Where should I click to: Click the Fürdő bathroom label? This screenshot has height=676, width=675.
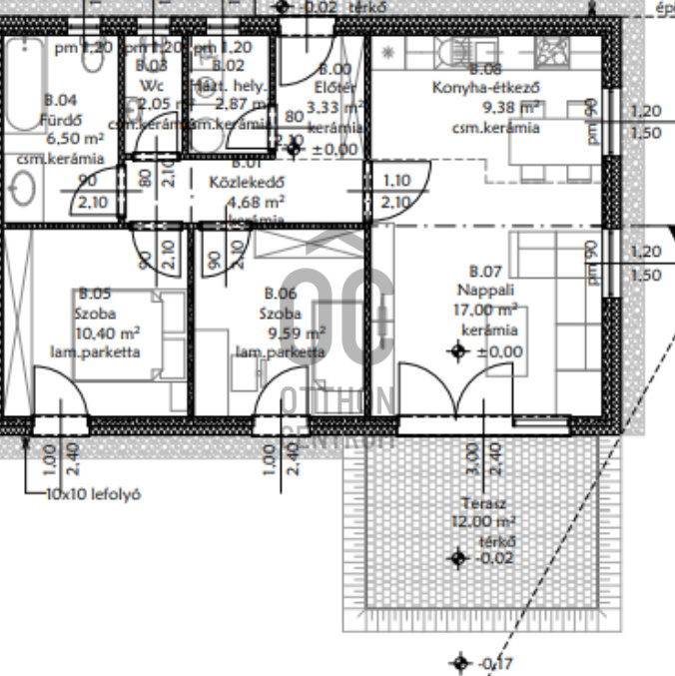tap(60, 119)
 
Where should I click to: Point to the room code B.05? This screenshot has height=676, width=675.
tap(95, 294)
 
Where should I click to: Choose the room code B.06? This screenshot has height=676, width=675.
tap(281, 294)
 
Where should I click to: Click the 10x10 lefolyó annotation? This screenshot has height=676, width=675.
tap(93, 494)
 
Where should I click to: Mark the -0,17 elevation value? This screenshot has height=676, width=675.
tap(498, 663)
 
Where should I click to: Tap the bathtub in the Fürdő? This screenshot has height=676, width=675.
tap(22, 85)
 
